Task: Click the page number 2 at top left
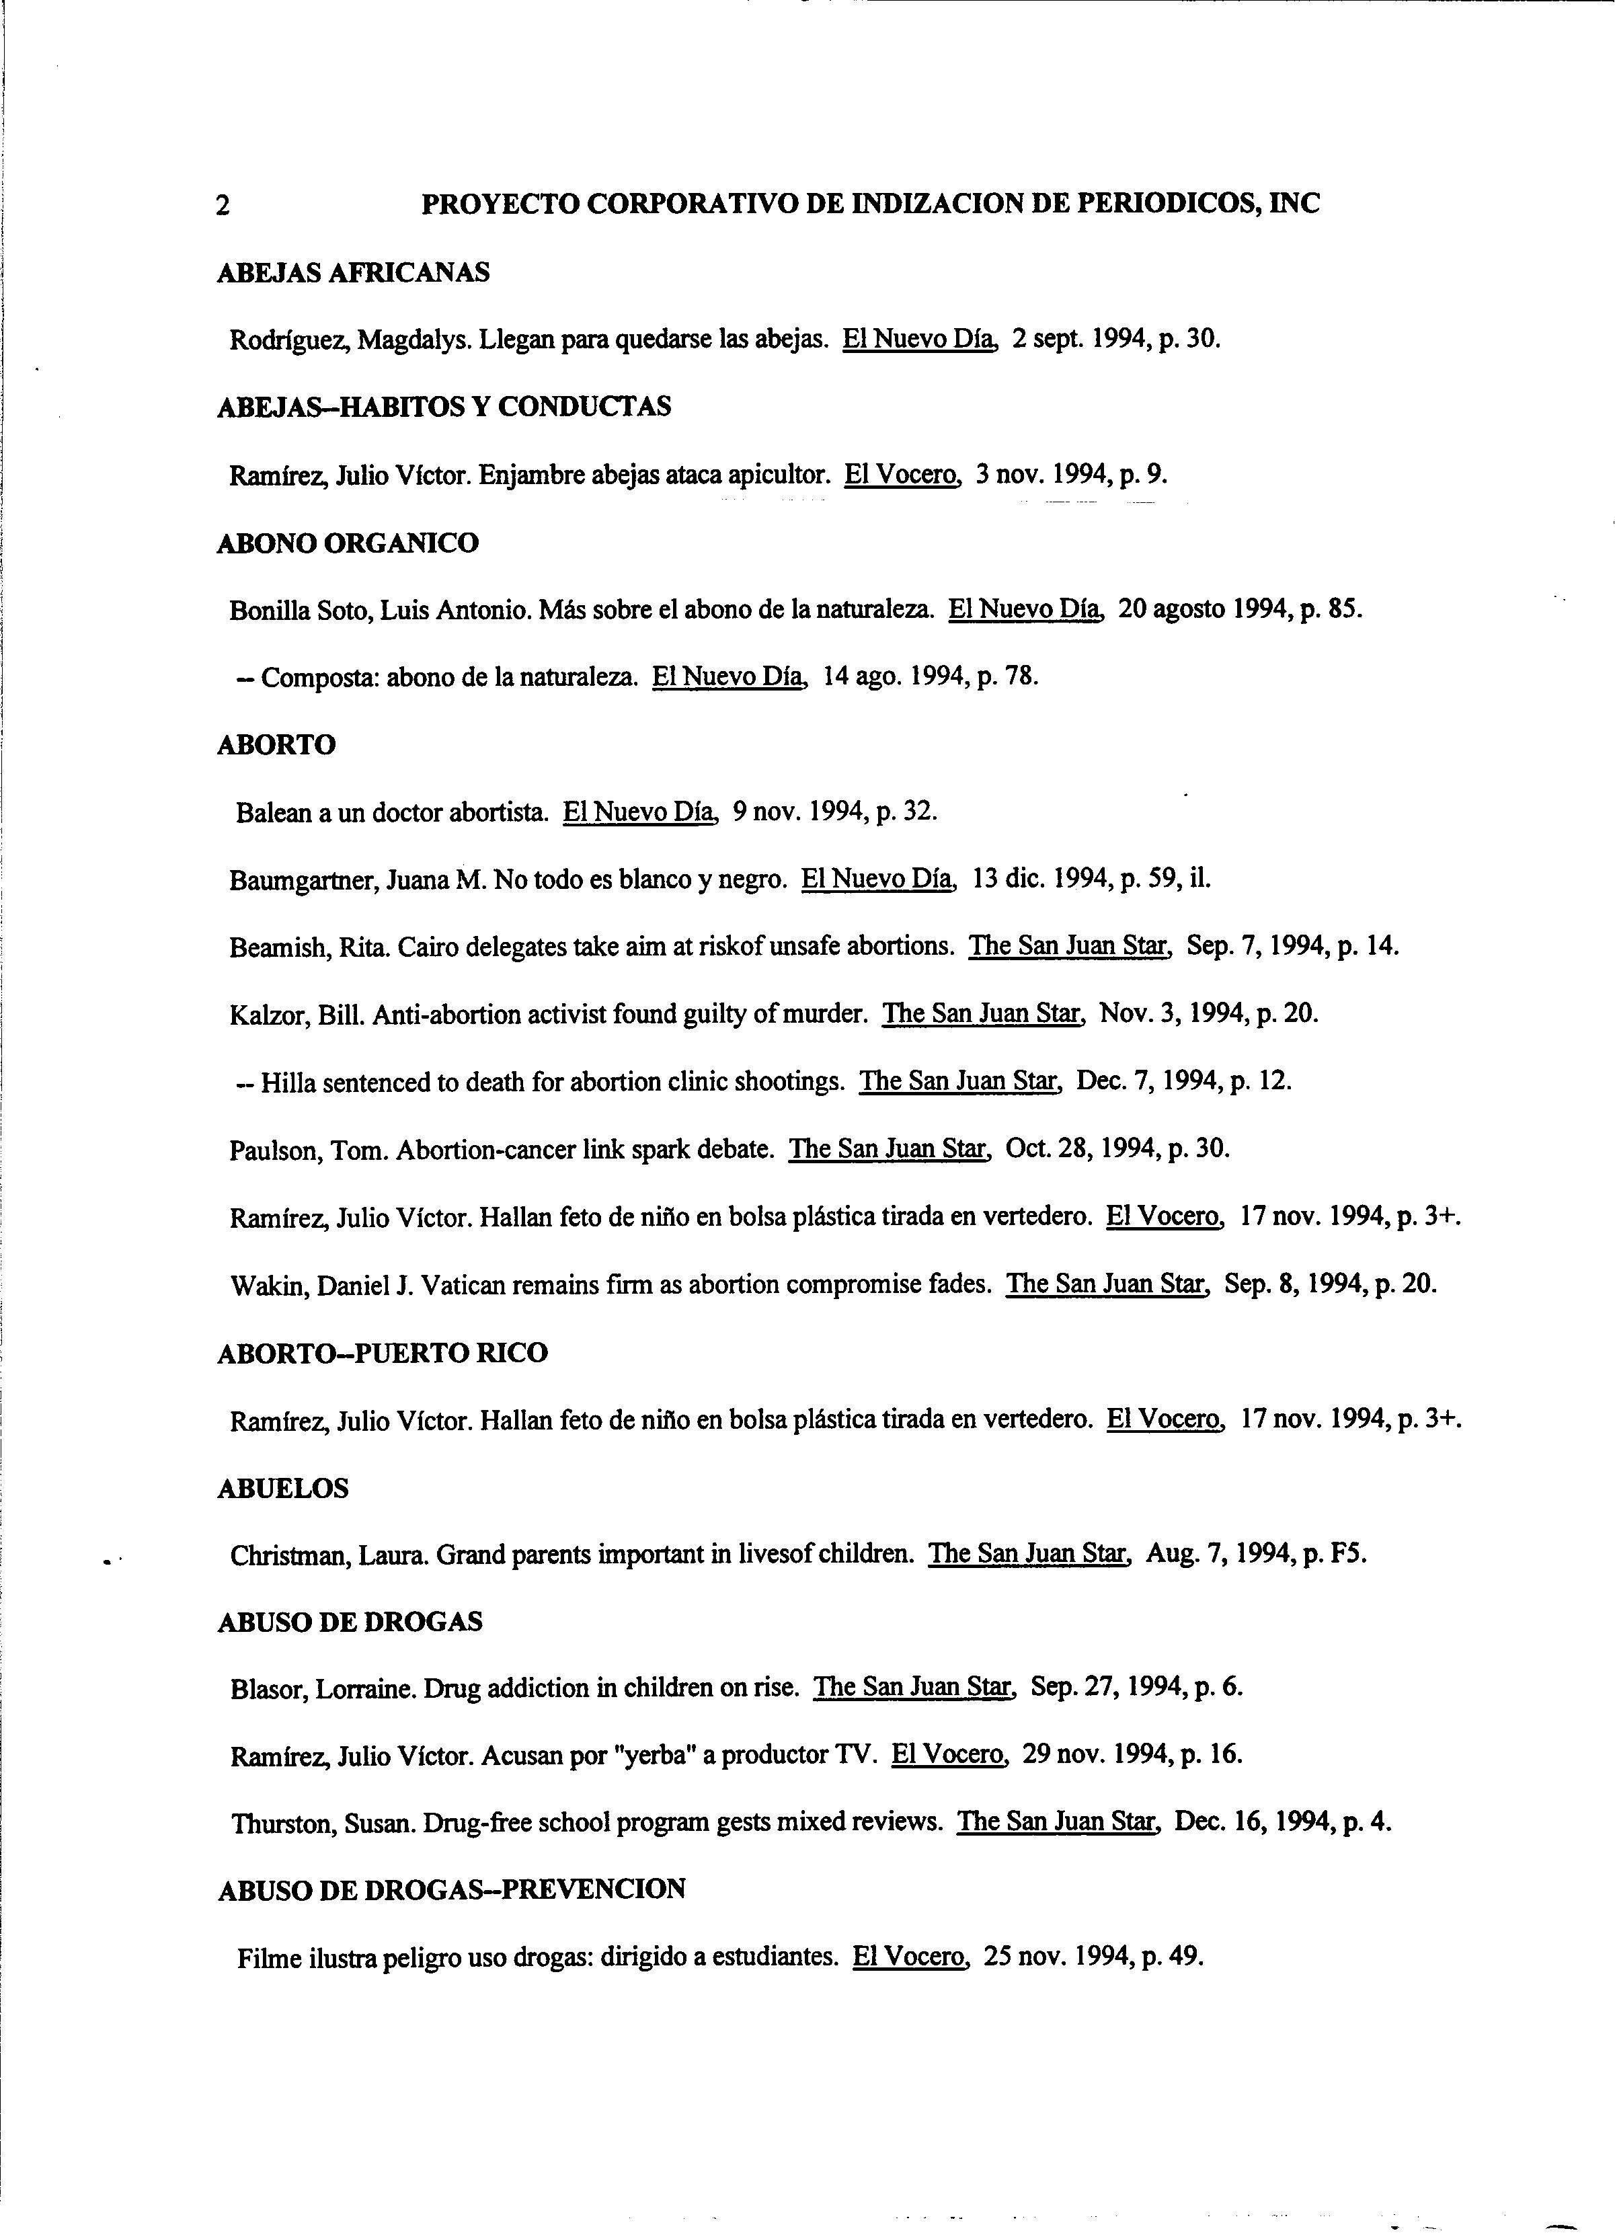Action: pyautogui.click(x=223, y=206)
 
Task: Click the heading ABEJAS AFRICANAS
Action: pyautogui.click(x=352, y=273)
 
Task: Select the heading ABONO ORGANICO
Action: pyautogui.click(x=348, y=543)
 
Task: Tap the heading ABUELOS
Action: pyautogui.click(x=282, y=1488)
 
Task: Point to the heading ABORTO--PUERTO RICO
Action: pyautogui.click(x=382, y=1353)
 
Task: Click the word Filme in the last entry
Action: pyautogui.click(x=269, y=1957)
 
